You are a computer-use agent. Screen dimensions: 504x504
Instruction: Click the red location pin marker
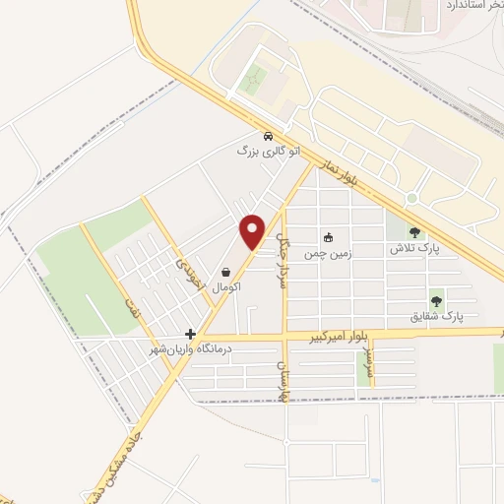253,230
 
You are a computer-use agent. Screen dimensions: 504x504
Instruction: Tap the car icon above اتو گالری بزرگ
267,137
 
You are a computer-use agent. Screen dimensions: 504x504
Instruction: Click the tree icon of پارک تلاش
414,233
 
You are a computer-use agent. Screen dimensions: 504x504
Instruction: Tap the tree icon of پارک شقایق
436,300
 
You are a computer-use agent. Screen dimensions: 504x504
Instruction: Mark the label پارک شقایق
436,317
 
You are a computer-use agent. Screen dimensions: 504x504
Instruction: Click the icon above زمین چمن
329,237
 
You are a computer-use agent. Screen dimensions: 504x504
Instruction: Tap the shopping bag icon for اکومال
227,272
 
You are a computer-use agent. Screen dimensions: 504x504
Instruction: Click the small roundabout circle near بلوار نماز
411,198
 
